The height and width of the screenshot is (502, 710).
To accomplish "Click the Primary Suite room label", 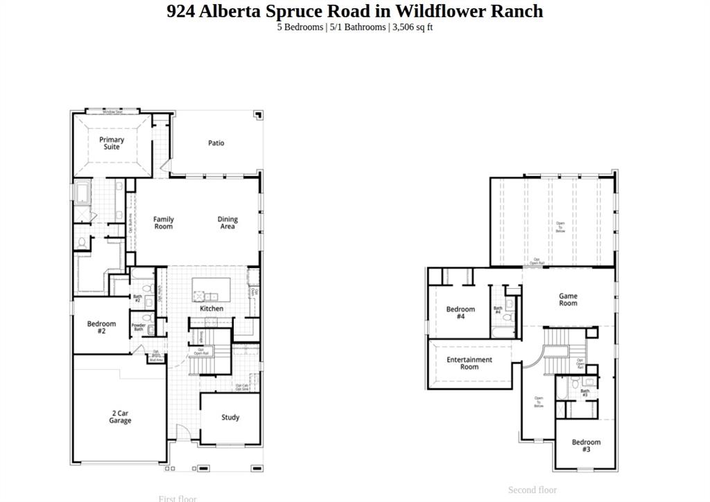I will pyautogui.click(x=112, y=143).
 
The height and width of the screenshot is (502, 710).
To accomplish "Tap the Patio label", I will pyautogui.click(x=216, y=143).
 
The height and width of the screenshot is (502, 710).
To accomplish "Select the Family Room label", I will pyautogui.click(x=164, y=223).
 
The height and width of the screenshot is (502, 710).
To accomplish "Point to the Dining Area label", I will pyautogui.click(x=227, y=223).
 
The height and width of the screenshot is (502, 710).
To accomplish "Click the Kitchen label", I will pyautogui.click(x=211, y=309).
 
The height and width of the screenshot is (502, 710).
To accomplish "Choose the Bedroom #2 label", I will pyautogui.click(x=101, y=328).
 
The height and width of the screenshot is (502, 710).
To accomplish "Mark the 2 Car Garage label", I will pyautogui.click(x=120, y=417).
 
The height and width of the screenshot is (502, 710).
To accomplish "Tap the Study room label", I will pyautogui.click(x=230, y=418).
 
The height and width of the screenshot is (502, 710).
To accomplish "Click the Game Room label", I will pyautogui.click(x=568, y=300).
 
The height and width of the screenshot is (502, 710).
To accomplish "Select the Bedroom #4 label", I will pyautogui.click(x=460, y=313).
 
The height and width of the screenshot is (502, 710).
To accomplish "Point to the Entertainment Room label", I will pyautogui.click(x=469, y=363).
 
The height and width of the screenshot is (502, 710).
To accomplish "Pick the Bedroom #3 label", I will pyautogui.click(x=586, y=446).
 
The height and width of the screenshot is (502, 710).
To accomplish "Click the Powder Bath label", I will pyautogui.click(x=138, y=328).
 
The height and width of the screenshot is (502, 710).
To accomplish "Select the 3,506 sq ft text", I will pyautogui.click(x=413, y=27).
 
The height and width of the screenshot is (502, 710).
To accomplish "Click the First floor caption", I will pyautogui.click(x=177, y=498).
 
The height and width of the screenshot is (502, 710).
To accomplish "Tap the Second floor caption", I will pyautogui.click(x=532, y=490).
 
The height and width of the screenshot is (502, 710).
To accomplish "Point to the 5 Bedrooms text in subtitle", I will pyautogui.click(x=300, y=27).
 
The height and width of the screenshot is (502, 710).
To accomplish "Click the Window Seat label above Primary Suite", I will pyautogui.click(x=112, y=111).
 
